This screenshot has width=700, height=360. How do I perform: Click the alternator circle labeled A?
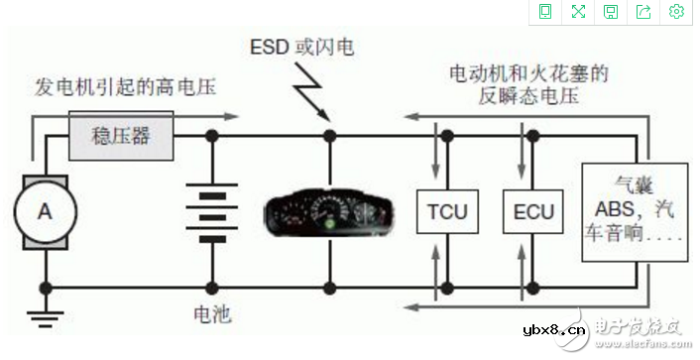click(x=44, y=210)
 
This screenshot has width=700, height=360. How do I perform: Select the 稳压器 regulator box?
click(x=121, y=134)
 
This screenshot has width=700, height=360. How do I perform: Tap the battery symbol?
click(x=210, y=210)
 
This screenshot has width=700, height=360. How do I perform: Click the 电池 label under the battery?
click(x=210, y=315)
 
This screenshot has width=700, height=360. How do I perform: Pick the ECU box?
click(x=531, y=211)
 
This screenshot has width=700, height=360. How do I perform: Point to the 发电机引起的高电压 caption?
click(x=124, y=87)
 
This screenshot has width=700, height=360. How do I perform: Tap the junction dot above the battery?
click(x=210, y=134)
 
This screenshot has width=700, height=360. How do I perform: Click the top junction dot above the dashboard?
click(x=328, y=134)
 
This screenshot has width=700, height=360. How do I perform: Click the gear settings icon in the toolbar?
click(x=677, y=12)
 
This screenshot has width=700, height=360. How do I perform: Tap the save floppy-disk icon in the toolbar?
click(x=611, y=12)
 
